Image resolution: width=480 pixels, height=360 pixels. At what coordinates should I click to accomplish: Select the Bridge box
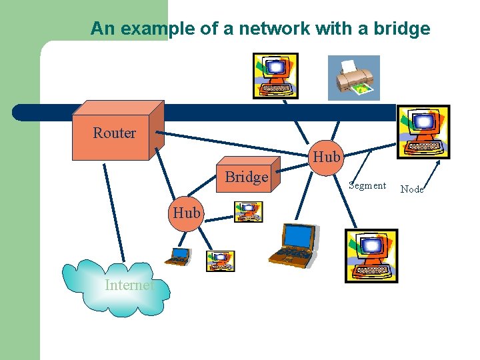(x=246, y=177)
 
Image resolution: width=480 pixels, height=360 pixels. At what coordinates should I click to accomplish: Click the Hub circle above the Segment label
(x=326, y=157)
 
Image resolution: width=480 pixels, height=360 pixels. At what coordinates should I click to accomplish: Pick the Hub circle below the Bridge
(x=186, y=213)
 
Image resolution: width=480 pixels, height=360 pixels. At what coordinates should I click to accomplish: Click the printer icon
(x=353, y=77)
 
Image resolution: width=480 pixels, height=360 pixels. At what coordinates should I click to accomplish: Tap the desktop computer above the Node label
(x=423, y=132)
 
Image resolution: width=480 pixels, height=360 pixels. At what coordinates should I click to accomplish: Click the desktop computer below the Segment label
(x=371, y=256)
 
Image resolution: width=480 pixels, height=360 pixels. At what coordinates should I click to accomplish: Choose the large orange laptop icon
(x=293, y=243)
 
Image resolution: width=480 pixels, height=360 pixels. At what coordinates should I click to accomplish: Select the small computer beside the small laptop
(x=220, y=261)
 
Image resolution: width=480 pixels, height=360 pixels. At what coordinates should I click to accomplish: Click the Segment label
(x=367, y=185)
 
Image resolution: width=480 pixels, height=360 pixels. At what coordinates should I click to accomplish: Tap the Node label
(x=411, y=189)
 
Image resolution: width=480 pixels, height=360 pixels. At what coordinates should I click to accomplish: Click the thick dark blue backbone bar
(x=200, y=112)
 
